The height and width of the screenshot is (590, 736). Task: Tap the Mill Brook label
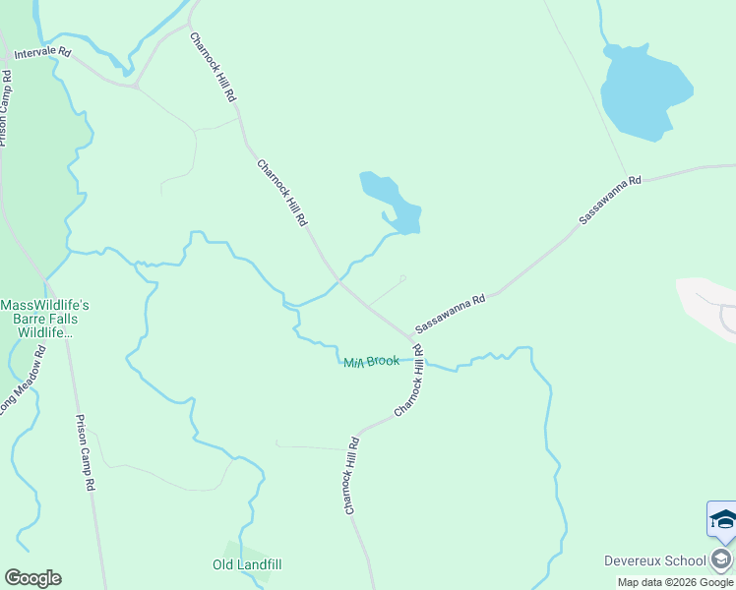tap(371, 362)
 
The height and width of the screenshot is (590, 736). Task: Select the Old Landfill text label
tap(247, 564)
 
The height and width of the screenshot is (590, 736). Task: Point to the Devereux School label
tap(654, 560)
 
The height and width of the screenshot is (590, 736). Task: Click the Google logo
tap(32, 578)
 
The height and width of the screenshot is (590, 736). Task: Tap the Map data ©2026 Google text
tap(675, 582)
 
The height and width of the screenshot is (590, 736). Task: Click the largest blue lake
tap(644, 90)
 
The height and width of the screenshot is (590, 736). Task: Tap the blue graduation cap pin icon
tap(722, 519)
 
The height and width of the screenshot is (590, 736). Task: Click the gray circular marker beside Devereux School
tap(721, 560)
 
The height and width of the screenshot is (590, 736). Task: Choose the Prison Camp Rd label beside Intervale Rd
tap(6, 107)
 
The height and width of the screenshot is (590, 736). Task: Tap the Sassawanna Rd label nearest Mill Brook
tap(451, 314)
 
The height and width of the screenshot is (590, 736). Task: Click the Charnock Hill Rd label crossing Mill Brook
tap(409, 381)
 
